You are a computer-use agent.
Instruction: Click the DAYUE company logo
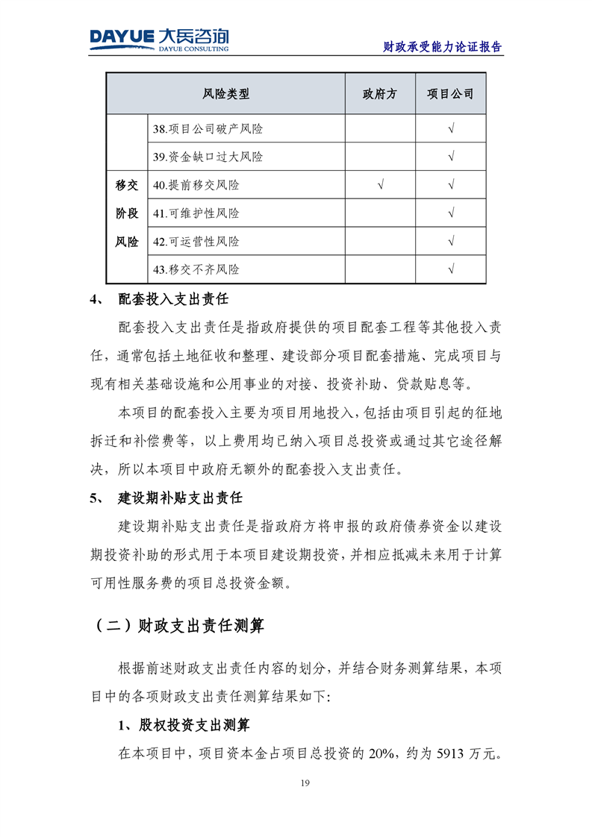pyautogui.click(x=159, y=39)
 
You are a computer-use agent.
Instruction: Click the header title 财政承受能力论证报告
pyautogui.click(x=442, y=46)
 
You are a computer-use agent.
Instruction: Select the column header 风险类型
pyautogui.click(x=225, y=94)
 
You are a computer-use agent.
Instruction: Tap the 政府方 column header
pyautogui.click(x=380, y=94)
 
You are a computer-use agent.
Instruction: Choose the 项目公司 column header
pyautogui.click(x=450, y=94)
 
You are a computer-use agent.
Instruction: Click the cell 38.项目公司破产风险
pyautogui.click(x=208, y=129)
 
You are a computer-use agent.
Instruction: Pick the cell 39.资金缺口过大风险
pyautogui.click(x=208, y=157)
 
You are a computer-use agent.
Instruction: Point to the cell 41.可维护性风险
pyautogui.click(x=196, y=213)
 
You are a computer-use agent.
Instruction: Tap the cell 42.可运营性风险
pyautogui.click(x=196, y=242)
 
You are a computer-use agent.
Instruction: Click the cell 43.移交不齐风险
pyautogui.click(x=196, y=269)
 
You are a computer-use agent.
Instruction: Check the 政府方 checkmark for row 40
pyautogui.click(x=380, y=185)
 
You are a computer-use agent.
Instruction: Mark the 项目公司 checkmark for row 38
pyautogui.click(x=450, y=129)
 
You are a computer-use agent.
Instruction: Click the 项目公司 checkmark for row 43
pyautogui.click(x=450, y=269)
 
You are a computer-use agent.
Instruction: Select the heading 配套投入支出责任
pyautogui.click(x=172, y=301)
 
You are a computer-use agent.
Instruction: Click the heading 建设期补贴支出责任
pyautogui.click(x=180, y=498)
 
